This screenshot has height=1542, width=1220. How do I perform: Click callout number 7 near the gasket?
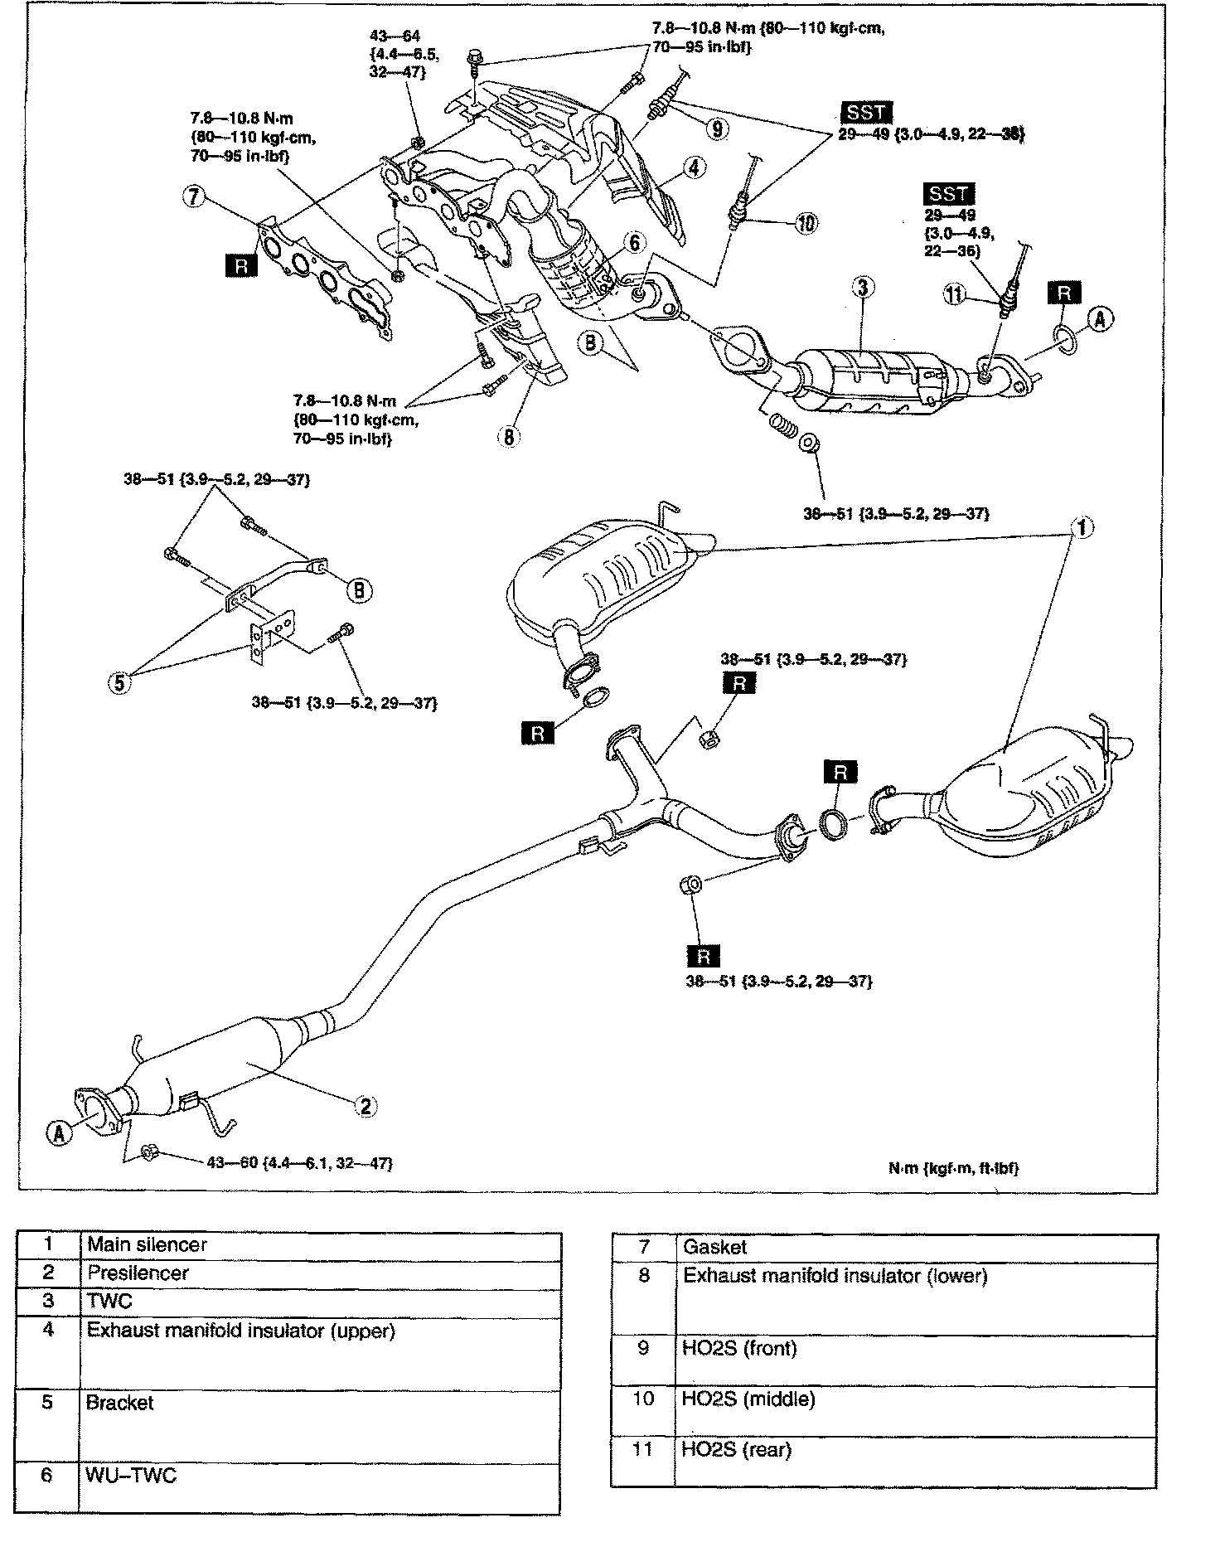pos(193,196)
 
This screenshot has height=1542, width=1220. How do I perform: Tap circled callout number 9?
pos(718,128)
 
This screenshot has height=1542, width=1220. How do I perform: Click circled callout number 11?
pos(956,293)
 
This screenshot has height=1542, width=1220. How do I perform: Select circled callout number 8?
pos(508,437)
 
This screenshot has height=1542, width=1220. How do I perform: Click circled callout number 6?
pos(634,242)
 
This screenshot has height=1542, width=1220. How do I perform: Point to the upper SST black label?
pos(864,113)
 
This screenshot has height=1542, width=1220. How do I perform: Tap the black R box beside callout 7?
pos(241,265)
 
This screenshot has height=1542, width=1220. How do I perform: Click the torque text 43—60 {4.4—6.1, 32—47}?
pos(299,1163)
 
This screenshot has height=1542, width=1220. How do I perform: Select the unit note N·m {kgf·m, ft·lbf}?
pos(953,1167)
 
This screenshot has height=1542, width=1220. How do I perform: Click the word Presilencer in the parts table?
pos(138,1273)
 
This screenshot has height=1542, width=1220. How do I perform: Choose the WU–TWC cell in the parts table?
pos(131,1475)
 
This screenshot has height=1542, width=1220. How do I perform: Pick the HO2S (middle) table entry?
pos(748,1399)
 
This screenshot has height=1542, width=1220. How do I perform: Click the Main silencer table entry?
pos(147,1244)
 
